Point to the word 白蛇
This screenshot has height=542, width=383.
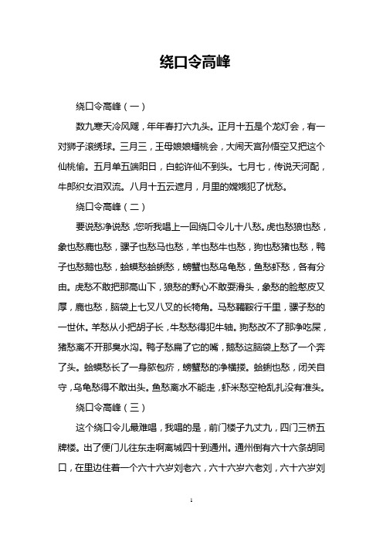click(x=187, y=165)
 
